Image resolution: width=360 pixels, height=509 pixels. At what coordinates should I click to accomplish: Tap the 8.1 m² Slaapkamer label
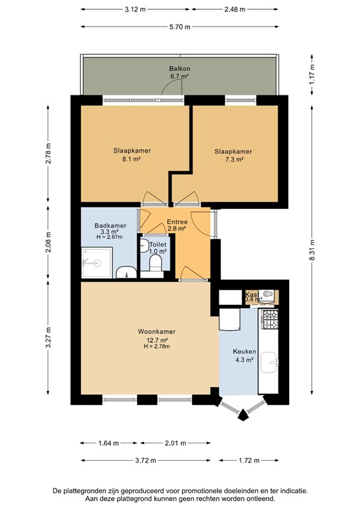pyautogui.click(x=132, y=150)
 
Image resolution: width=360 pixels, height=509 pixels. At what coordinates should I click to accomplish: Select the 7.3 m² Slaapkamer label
pyautogui.click(x=233, y=151)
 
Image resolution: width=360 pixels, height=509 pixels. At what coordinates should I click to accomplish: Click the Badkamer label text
pyautogui.click(x=106, y=225)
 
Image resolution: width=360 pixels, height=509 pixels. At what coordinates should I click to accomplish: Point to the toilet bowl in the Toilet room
pyautogui.click(x=156, y=264)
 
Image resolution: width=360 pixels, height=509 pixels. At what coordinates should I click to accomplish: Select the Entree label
pyautogui.click(x=176, y=222)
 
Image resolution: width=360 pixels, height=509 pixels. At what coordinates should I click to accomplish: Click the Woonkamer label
pyautogui.click(x=156, y=331)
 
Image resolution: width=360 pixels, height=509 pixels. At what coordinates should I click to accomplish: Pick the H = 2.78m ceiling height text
pyautogui.click(x=156, y=347)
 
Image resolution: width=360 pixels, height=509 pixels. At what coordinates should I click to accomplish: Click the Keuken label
pyautogui.click(x=245, y=352)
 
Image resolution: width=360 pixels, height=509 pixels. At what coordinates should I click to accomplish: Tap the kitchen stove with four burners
pyautogui.click(x=269, y=321)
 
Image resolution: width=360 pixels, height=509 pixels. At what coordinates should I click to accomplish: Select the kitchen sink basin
pyautogui.click(x=270, y=362)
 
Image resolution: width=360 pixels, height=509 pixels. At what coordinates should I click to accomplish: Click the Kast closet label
pyautogui.click(x=252, y=294)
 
